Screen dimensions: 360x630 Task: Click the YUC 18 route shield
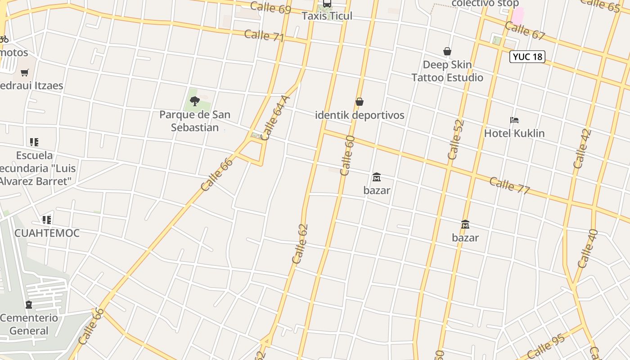[x=527, y=57]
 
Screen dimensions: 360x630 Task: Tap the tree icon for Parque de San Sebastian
[x=194, y=101]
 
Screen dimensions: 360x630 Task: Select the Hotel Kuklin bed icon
[x=514, y=120]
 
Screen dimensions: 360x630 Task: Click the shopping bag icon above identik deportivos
[x=359, y=102]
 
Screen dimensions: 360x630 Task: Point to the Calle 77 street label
[x=509, y=185]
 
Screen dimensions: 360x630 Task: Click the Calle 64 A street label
[x=275, y=118]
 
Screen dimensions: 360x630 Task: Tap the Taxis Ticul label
[x=327, y=16]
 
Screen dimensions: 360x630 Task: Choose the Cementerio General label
[x=29, y=324]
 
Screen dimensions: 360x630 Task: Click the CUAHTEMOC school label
[x=47, y=233]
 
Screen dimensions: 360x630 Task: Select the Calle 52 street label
[x=456, y=139]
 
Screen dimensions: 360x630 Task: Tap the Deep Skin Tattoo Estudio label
[x=447, y=71]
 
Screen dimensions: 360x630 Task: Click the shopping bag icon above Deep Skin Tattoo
[x=447, y=52]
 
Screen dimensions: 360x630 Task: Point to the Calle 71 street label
[x=264, y=36]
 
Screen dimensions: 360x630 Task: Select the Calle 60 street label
[x=347, y=156]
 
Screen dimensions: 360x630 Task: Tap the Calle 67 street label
[x=525, y=30]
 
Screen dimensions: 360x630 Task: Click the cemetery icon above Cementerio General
[x=29, y=305]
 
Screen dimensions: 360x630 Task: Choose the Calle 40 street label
[x=588, y=249]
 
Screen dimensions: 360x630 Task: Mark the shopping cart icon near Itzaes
[x=25, y=72]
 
